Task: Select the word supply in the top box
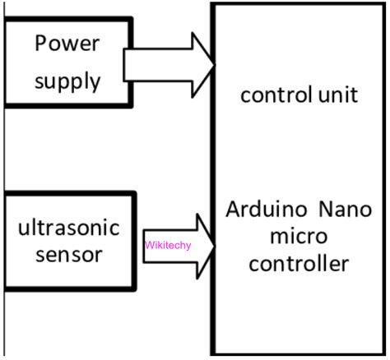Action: [x=67, y=82]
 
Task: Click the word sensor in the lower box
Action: [x=69, y=255]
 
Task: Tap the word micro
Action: [x=299, y=237]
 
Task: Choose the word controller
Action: [x=299, y=265]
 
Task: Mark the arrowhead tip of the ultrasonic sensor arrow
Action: [x=214, y=245]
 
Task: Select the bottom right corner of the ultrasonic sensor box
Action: [x=134, y=288]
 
